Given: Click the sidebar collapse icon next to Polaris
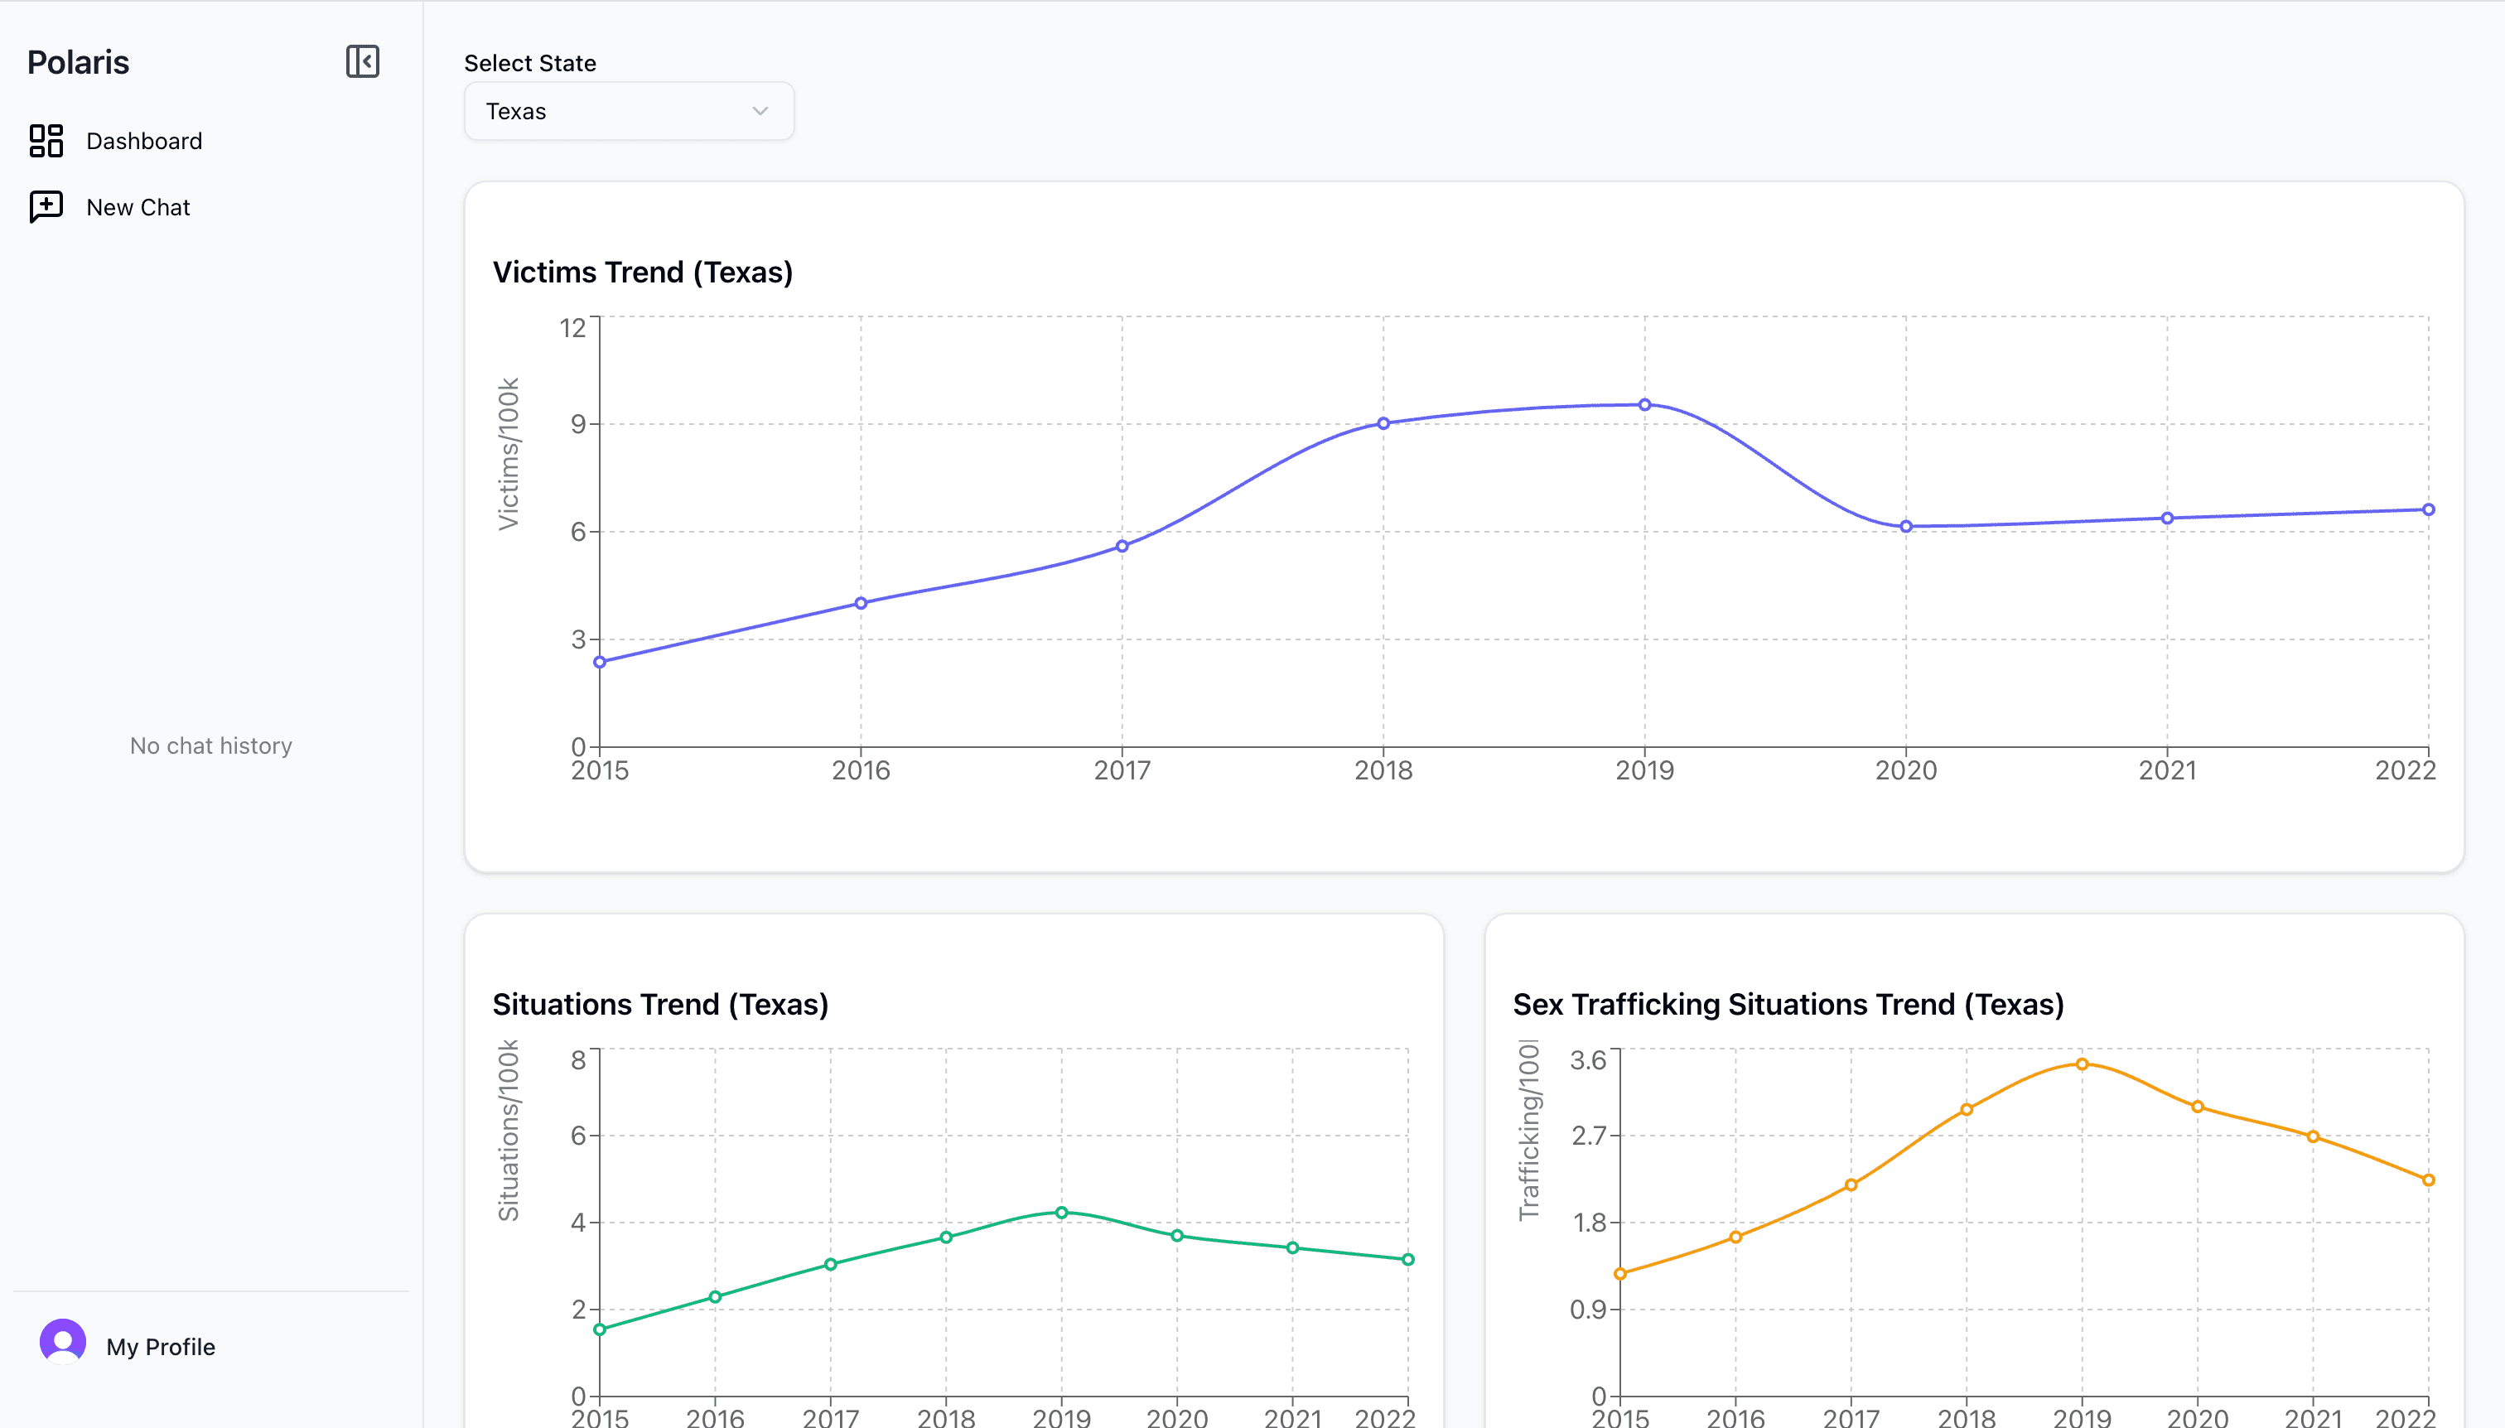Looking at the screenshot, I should click(x=362, y=62).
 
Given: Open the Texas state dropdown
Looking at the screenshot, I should click(x=629, y=111).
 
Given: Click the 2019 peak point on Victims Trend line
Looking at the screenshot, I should click(x=1645, y=405).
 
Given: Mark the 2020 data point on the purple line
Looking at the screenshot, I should click(x=1906, y=527).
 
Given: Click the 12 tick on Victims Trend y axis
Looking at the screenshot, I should click(x=572, y=327).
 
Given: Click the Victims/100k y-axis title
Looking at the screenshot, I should click(x=508, y=454).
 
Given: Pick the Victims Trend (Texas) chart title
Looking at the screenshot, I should click(x=643, y=272).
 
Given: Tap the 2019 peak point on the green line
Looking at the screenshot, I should click(x=1061, y=1213).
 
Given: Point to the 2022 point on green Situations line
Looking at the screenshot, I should click(x=1407, y=1259).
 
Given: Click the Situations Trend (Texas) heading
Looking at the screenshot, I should click(x=660, y=1004).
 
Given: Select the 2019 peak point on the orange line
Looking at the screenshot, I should click(x=2082, y=1064).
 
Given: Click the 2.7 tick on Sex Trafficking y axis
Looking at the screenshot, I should click(x=1589, y=1136).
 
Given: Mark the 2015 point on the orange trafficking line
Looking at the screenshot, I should click(x=1620, y=1274).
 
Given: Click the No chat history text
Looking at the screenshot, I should click(x=211, y=745).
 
